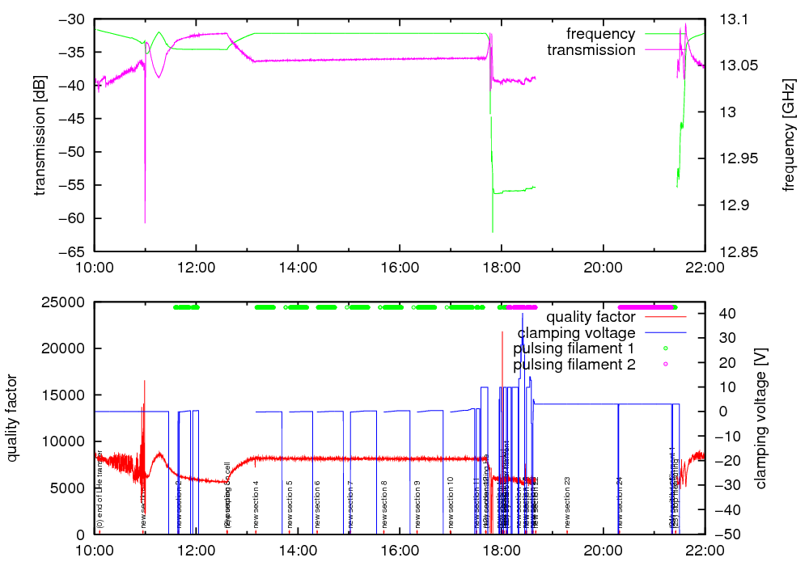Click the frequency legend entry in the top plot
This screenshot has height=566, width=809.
pos(600,34)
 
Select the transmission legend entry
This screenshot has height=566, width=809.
pos(591,50)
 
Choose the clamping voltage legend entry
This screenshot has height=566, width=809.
pos(576,332)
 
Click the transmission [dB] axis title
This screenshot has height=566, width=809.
pos(40,136)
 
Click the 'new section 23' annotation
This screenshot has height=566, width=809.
pos(568,501)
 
